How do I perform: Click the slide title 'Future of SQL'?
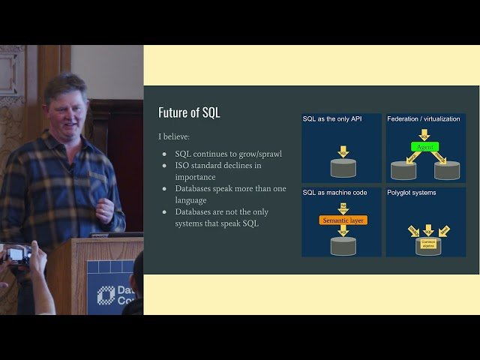(x=189, y=112)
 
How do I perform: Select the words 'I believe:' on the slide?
(x=173, y=136)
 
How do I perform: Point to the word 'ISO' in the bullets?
(x=184, y=166)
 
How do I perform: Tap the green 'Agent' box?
(x=424, y=147)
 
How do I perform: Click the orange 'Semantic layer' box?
(x=343, y=220)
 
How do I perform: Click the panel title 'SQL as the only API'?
(x=332, y=119)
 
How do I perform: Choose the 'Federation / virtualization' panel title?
(x=424, y=119)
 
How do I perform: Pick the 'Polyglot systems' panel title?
(x=412, y=193)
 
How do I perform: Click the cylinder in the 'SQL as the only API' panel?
(x=343, y=168)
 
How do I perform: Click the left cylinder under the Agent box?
(x=403, y=170)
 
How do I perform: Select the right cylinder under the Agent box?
(x=447, y=170)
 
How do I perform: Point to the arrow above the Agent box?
(x=425, y=134)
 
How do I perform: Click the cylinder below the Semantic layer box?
(x=343, y=245)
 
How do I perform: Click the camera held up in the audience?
(x=16, y=254)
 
